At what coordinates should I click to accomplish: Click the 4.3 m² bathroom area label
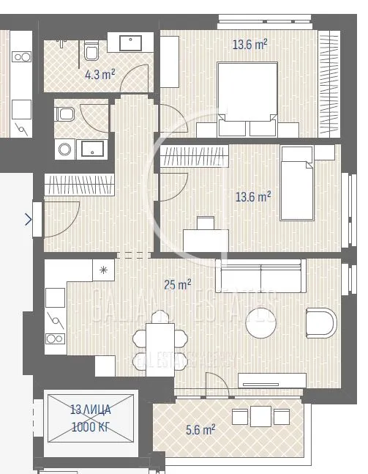click(100, 74)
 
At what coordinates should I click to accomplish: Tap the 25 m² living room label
click(179, 283)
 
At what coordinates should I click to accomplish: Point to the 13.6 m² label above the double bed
click(249, 45)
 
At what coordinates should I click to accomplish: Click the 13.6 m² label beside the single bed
click(253, 196)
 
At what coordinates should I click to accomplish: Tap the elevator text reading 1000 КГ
click(91, 428)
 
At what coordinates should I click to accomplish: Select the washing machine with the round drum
click(64, 149)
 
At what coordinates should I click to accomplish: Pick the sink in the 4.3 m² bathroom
click(131, 42)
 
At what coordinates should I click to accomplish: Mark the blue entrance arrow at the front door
click(29, 218)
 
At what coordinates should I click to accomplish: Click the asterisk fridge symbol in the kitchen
click(104, 270)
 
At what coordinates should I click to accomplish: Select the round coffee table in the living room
click(261, 322)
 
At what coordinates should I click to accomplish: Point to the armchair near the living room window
click(321, 322)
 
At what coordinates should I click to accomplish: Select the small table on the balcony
click(261, 416)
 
